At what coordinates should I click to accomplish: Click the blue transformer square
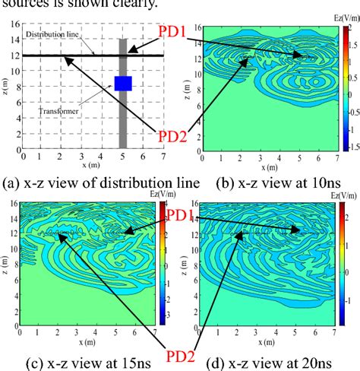[x=123, y=84]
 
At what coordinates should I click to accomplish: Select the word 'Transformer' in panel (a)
[x=58, y=112]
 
